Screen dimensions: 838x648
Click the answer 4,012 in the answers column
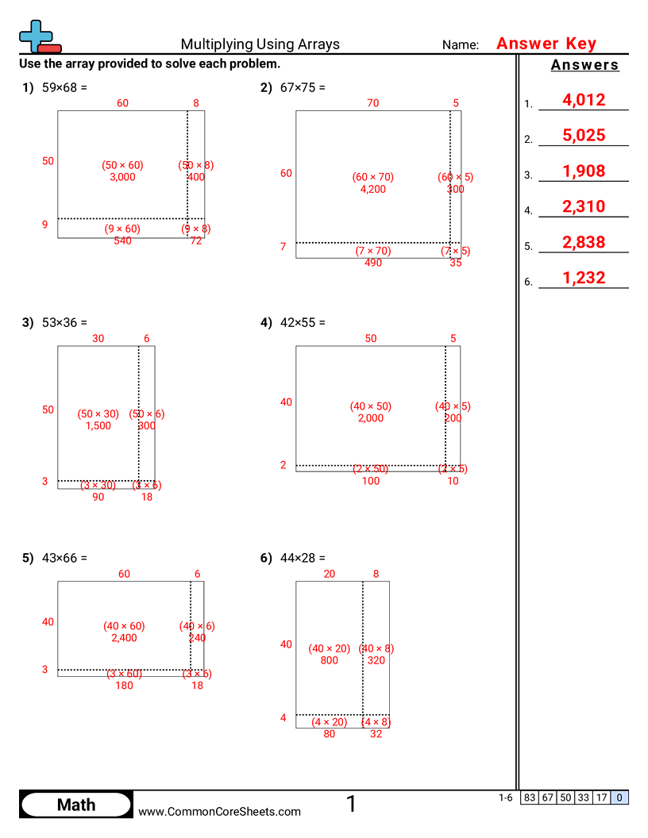point(583,100)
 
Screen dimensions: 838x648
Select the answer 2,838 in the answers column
point(583,243)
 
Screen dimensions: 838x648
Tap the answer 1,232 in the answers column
point(583,279)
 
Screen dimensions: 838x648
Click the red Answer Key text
point(546,44)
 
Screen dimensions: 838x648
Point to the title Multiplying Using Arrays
point(260,44)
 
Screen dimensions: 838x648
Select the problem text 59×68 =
point(64,87)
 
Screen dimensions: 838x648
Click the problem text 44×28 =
point(303,558)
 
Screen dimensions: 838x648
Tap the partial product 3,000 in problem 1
point(122,177)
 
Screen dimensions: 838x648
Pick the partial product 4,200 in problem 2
point(372,189)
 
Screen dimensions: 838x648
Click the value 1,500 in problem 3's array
point(98,425)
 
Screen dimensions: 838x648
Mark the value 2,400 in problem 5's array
point(124,637)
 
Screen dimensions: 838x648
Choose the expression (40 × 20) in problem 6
point(329,648)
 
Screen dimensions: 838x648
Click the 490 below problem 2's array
point(372,263)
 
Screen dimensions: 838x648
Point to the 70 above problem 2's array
point(372,102)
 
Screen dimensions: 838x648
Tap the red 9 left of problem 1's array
point(45,225)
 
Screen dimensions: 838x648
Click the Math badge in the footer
point(76,805)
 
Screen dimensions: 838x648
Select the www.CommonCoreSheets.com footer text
point(220,811)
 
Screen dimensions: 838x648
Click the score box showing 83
point(529,798)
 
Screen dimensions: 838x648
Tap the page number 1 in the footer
point(351,805)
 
